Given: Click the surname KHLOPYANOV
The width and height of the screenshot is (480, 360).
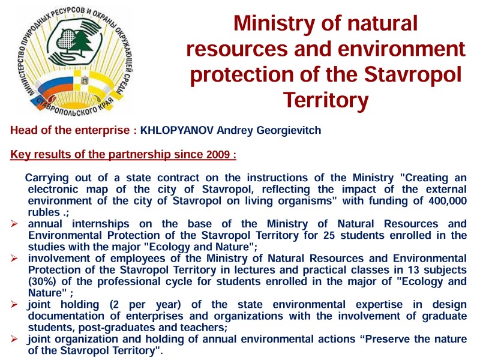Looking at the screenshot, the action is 177,130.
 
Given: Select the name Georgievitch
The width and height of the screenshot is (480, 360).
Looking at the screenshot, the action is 289,130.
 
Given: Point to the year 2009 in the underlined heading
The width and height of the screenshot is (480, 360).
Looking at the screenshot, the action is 218,154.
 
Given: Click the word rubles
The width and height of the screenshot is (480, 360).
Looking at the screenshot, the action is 44,212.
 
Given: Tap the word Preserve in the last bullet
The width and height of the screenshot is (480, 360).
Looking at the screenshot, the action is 387,339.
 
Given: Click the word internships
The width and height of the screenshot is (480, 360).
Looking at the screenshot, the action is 100,224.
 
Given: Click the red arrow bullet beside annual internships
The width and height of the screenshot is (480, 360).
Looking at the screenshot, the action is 14,224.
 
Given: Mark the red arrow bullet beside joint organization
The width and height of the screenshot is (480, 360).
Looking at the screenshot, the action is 14,339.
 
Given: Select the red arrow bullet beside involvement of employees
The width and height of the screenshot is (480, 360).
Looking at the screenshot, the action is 14,259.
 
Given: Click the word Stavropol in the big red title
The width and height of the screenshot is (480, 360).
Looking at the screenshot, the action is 413,74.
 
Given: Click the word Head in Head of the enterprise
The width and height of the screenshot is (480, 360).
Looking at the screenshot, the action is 24,130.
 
